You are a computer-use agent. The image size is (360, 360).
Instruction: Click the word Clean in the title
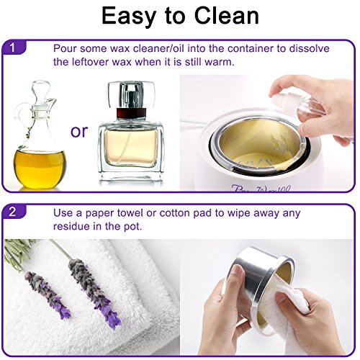226,16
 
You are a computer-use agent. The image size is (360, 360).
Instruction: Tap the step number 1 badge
13,48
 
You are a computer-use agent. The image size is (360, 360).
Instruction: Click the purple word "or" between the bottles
79,131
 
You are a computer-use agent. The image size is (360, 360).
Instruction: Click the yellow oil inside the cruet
40,168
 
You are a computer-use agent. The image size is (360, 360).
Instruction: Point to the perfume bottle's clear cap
131,95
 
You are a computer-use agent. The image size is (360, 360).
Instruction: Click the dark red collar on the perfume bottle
131,113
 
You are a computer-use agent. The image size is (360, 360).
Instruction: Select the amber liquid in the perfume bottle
131,149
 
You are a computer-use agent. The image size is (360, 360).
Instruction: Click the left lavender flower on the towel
48,294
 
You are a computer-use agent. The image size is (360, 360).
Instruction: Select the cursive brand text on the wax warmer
261,189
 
